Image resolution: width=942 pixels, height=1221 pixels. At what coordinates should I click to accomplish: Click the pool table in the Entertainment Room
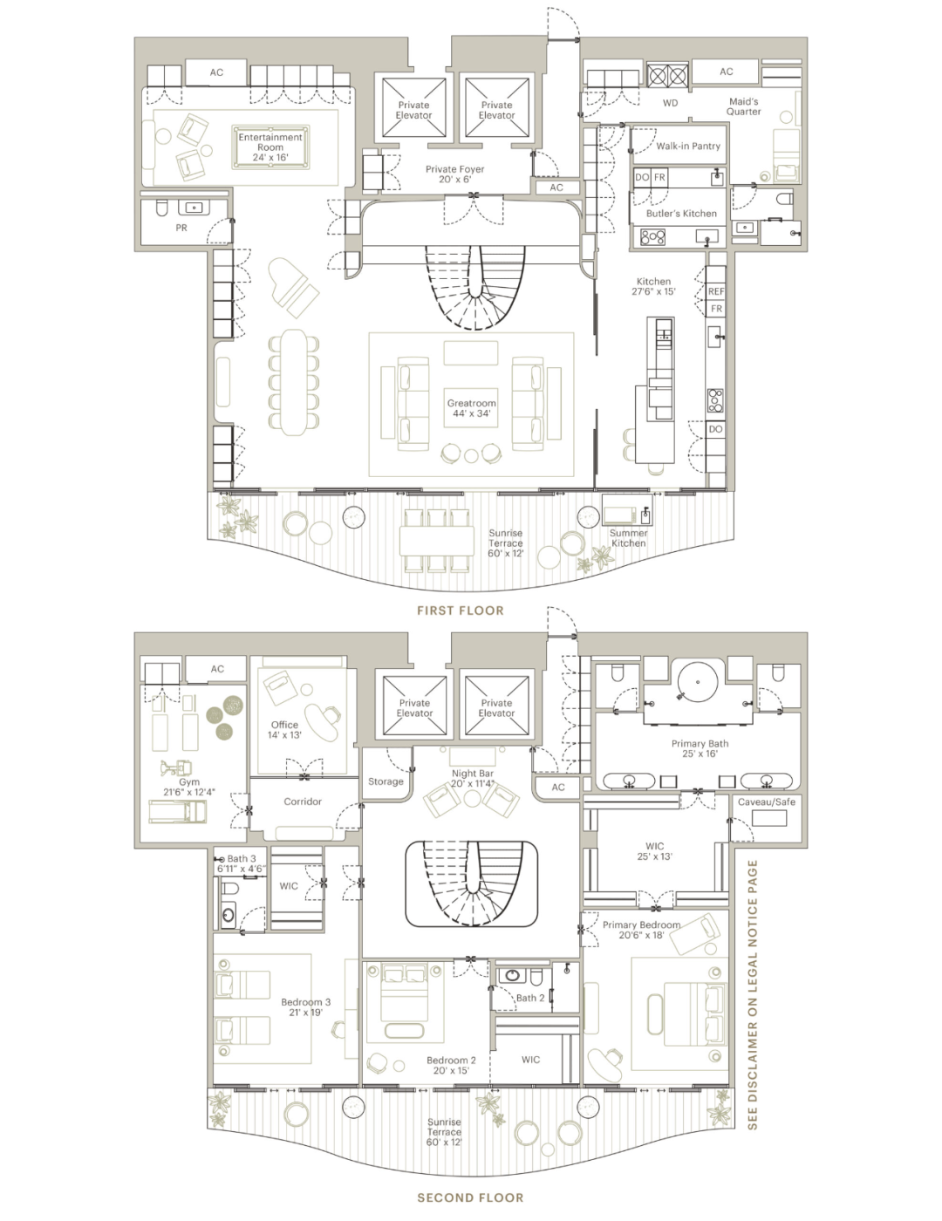pyautogui.click(x=270, y=147)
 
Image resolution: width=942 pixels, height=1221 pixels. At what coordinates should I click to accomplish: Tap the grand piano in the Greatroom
pyautogui.click(x=294, y=286)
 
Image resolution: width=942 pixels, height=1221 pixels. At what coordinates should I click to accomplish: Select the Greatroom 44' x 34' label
pyautogui.click(x=471, y=408)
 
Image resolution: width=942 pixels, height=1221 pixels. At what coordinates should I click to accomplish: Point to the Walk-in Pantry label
pyautogui.click(x=688, y=146)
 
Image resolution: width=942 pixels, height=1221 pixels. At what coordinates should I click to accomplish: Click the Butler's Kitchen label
pyautogui.click(x=681, y=213)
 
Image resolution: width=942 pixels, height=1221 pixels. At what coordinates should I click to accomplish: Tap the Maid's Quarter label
pyautogui.click(x=744, y=106)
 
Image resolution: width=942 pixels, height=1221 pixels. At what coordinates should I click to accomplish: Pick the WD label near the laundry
pyautogui.click(x=670, y=103)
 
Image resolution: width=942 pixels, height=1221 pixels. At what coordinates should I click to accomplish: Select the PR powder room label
pyautogui.click(x=181, y=228)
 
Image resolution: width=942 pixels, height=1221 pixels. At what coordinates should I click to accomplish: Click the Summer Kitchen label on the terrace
pyautogui.click(x=628, y=538)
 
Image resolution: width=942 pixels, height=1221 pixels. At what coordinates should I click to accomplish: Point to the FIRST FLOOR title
pyautogui.click(x=460, y=610)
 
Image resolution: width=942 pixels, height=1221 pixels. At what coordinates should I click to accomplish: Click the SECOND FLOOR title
pyautogui.click(x=470, y=1197)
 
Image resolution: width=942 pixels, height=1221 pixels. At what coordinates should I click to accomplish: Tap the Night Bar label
pyautogui.click(x=472, y=778)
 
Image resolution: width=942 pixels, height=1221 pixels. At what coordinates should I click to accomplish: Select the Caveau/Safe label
pyautogui.click(x=766, y=801)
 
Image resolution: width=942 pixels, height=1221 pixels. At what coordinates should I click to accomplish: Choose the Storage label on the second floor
pyautogui.click(x=386, y=781)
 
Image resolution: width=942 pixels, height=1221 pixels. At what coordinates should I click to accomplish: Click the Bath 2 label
pyautogui.click(x=529, y=998)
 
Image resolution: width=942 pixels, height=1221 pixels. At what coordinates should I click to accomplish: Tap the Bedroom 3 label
pyautogui.click(x=305, y=1007)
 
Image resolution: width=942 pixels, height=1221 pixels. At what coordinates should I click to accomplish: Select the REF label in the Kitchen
pyautogui.click(x=716, y=292)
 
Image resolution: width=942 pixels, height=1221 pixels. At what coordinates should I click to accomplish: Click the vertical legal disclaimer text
pyautogui.click(x=753, y=994)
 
